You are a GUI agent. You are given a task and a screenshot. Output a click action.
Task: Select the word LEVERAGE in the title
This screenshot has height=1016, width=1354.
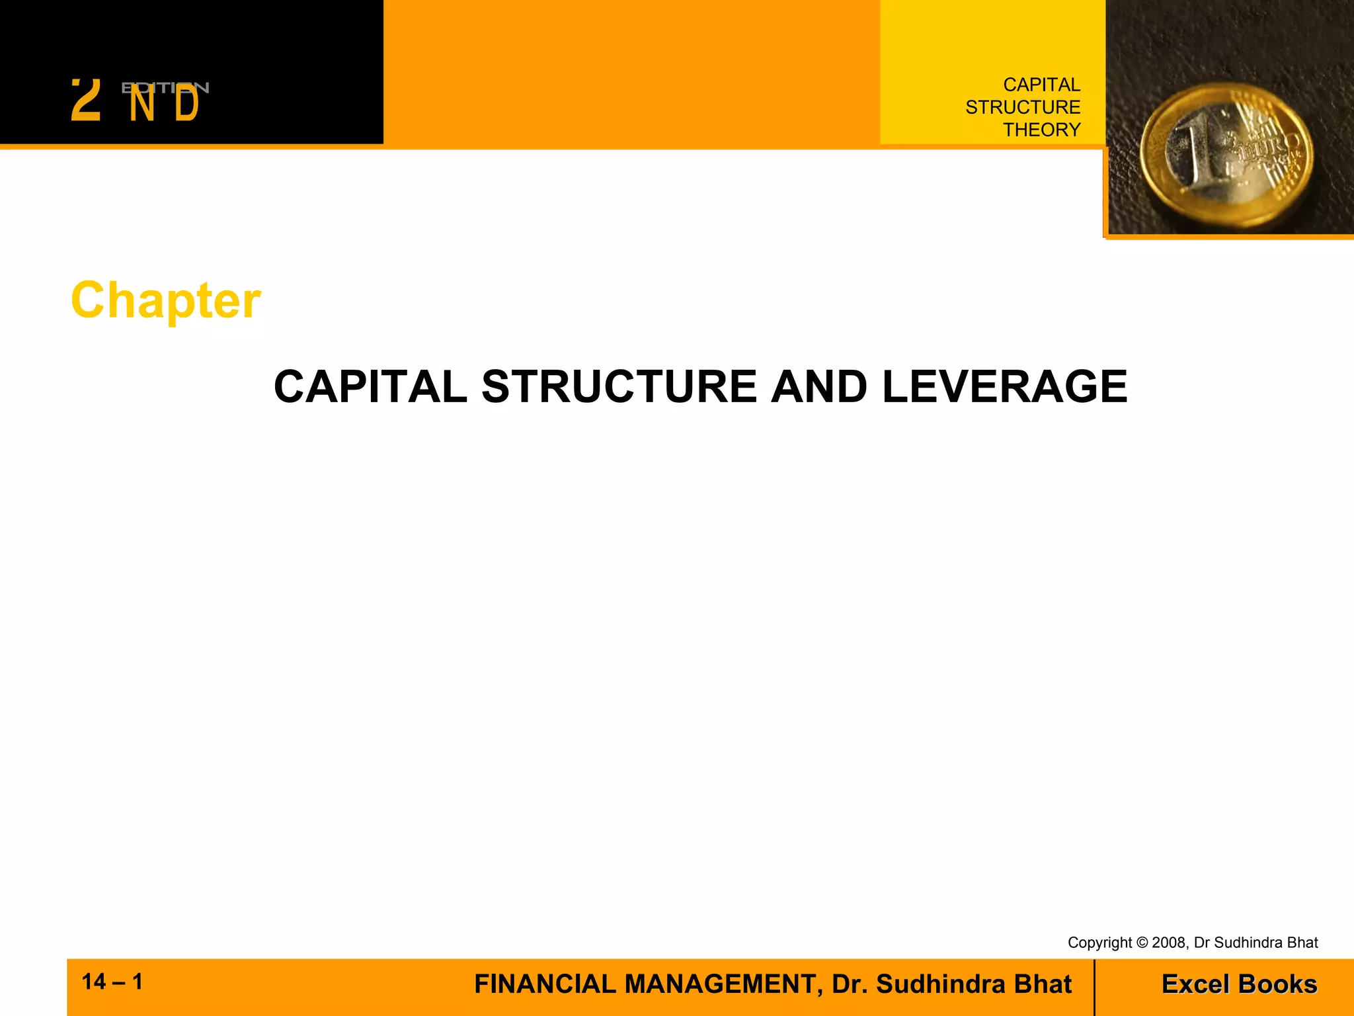pos(1004,387)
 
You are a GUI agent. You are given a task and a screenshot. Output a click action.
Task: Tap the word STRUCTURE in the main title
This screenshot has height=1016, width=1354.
pos(619,387)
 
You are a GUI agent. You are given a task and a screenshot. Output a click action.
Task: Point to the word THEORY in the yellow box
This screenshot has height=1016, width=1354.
pos(1041,130)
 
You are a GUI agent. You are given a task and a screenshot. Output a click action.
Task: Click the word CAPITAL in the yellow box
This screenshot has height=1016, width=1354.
pos(1041,85)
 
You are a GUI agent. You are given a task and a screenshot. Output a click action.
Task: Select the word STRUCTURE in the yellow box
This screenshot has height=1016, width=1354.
pos(1023,107)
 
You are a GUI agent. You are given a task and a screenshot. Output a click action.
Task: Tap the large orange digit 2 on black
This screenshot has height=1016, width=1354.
pos(86,101)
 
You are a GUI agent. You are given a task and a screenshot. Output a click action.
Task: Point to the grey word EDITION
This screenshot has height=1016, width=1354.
pos(165,88)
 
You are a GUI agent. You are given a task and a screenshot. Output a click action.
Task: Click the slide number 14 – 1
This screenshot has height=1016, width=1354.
pos(112,982)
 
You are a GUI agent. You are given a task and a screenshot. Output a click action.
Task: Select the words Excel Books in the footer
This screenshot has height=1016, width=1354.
pos(1239,984)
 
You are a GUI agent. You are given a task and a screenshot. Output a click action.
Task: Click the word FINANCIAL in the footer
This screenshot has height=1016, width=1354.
pos(545,984)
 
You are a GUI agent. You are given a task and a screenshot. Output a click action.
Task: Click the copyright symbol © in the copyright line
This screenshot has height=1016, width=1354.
pos(1142,943)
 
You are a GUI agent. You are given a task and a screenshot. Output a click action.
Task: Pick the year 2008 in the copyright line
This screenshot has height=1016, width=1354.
pos(1169,943)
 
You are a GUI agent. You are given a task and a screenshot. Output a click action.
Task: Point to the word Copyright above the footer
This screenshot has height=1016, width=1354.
pos(1099,943)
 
